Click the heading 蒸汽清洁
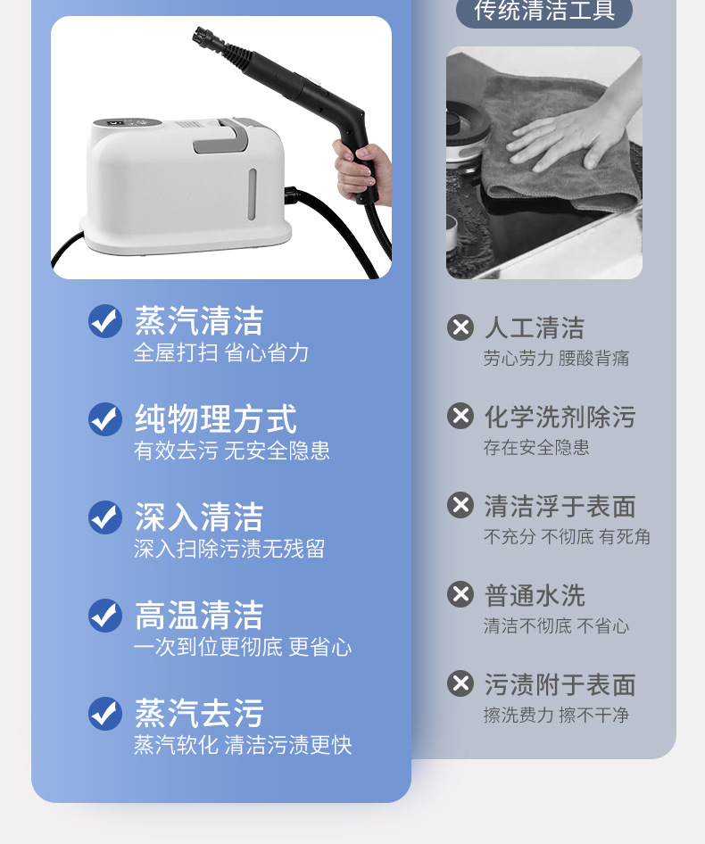coord(199,320)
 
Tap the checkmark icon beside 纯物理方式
coord(105,419)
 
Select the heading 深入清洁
coord(199,517)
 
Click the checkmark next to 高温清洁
coord(105,616)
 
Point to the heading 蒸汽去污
coord(199,713)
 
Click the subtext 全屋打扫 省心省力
coord(220,352)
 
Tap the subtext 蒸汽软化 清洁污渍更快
coord(243,745)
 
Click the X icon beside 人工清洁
coord(460,327)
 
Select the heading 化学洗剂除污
coord(560,418)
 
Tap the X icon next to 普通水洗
coord(460,594)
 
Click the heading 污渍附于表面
coord(560,684)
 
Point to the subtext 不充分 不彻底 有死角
coord(567,537)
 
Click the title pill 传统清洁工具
coord(544,11)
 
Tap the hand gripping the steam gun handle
coord(361,171)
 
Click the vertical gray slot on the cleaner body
coord(252,194)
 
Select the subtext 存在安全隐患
coord(536,447)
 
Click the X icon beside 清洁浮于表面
coord(460,505)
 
